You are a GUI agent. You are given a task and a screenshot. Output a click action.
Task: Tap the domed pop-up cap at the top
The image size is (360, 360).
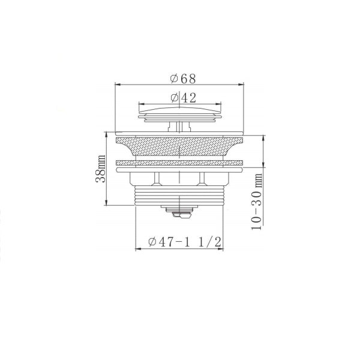(x=180, y=112)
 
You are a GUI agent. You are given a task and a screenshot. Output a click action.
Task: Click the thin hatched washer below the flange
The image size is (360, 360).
(x=180, y=163)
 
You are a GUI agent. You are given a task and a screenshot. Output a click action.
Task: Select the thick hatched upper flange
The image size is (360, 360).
(x=180, y=147)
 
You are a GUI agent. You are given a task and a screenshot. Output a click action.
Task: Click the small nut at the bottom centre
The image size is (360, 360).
(x=180, y=211)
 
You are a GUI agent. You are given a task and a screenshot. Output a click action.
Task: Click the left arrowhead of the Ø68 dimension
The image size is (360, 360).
(x=116, y=84)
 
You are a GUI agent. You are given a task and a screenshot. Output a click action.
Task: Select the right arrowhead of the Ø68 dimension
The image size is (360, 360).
(x=243, y=84)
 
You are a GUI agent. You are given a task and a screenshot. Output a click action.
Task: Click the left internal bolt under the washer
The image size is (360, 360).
(x=157, y=178)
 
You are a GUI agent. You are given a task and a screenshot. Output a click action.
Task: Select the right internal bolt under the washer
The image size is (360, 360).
(x=203, y=178)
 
